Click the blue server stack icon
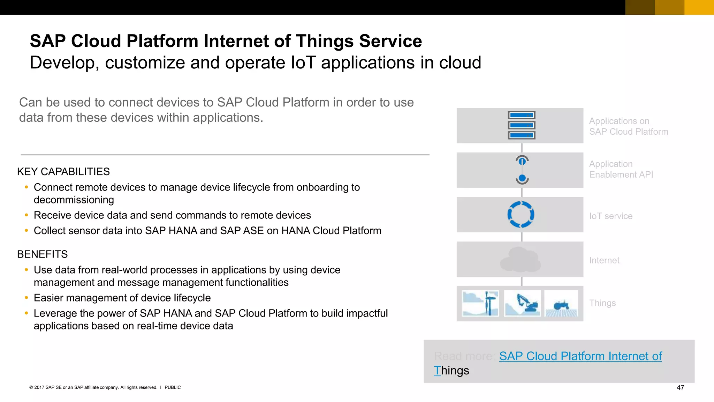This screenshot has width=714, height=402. coord(521,125)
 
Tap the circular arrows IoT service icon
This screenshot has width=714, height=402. coord(521,215)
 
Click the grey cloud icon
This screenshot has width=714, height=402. coord(520,260)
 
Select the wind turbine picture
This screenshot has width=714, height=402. coord(480,303)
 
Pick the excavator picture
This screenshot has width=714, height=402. coord(522,303)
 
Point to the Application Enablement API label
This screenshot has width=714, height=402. coord(621,169)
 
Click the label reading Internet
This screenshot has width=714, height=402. coord(604,260)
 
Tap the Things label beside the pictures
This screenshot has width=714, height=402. coord(602,303)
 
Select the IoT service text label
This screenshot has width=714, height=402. coord(610,216)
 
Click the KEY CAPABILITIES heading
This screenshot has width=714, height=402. coord(63,172)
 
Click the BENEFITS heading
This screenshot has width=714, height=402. coord(43,254)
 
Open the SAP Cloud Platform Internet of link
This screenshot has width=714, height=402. coord(580,356)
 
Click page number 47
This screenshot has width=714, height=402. coord(680,387)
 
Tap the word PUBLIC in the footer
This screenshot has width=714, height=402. coord(173,387)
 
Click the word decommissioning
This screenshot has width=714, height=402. coord(74,200)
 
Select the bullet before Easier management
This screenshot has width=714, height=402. coord(26,298)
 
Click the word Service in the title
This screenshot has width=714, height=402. coord(390,41)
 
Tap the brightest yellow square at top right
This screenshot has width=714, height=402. coord(699,7)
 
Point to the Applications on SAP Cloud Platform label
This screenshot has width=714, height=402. coord(628,126)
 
